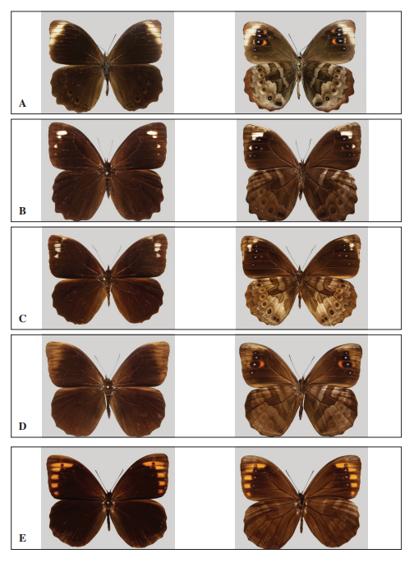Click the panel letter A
pos(22,104)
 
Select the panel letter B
pos(22,210)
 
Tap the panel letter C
pos(22,318)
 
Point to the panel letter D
pos(22,427)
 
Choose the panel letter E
pos(22,538)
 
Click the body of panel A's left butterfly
pos(107,72)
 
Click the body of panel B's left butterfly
pos(108,179)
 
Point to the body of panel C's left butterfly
pos(108,285)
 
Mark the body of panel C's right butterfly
pos(300,287)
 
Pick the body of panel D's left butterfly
pos(108,395)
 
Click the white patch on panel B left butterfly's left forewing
pos(62,132)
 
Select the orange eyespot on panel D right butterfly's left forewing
pos(258,364)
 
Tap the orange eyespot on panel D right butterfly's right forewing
pos(344,364)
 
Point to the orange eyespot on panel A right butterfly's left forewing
pos(261,43)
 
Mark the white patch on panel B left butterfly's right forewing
pos(153,133)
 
